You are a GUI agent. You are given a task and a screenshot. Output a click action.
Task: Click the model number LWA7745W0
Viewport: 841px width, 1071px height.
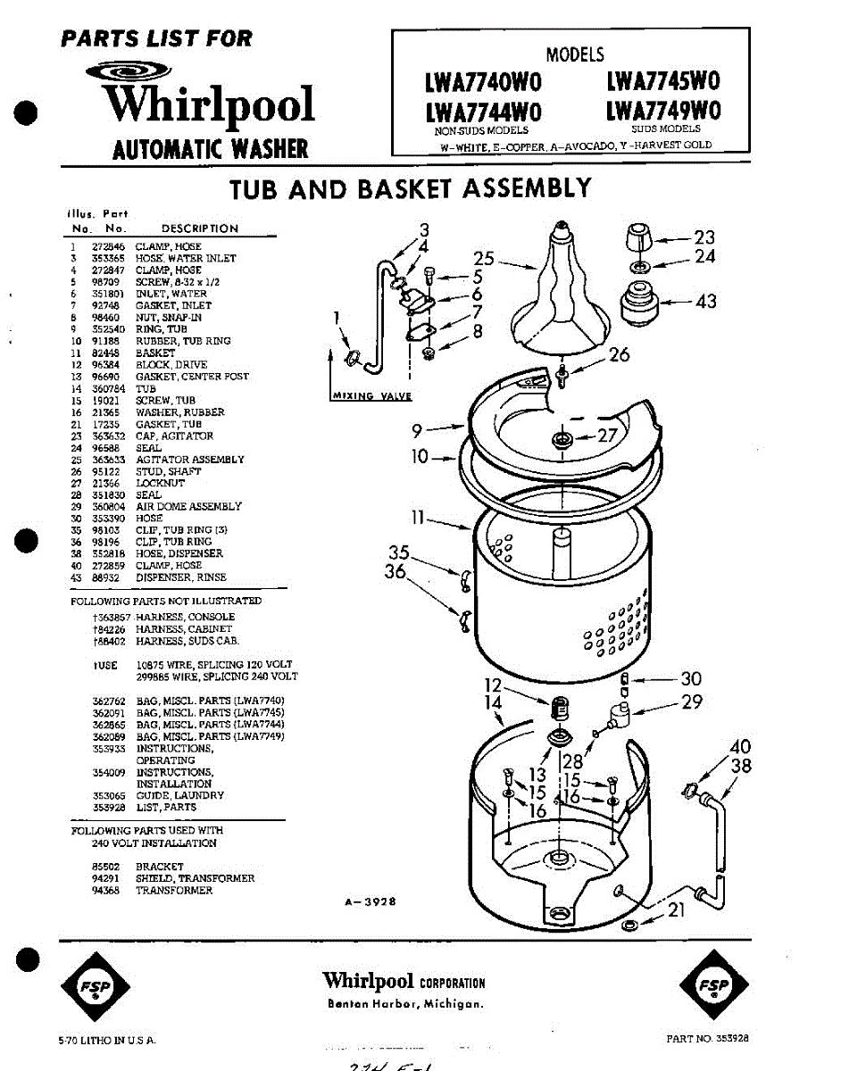coord(662,81)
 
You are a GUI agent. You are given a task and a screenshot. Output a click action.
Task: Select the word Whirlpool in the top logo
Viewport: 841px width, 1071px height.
coord(209,105)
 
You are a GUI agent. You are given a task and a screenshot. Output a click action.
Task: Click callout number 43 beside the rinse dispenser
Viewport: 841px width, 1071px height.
coord(705,302)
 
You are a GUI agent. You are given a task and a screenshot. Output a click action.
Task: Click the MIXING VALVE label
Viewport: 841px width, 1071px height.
coord(371,396)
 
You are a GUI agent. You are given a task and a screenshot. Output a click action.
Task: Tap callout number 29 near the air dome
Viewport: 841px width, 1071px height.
coord(692,702)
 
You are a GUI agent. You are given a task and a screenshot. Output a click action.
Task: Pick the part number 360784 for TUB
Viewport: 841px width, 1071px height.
coord(106,389)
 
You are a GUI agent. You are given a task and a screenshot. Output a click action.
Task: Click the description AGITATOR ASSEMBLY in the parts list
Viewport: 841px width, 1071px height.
coord(188,460)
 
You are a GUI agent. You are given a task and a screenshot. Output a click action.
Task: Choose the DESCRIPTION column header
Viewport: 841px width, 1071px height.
coord(199,228)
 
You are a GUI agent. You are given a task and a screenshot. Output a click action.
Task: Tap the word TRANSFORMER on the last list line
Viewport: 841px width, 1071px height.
coord(174,891)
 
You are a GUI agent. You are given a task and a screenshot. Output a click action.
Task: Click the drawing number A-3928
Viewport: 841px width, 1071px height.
coord(370,902)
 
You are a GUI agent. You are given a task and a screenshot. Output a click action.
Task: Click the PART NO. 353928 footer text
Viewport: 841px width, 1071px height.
coord(707,1038)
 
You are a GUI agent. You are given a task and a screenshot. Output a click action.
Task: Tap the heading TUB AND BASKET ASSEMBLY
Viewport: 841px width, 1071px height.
coord(411,188)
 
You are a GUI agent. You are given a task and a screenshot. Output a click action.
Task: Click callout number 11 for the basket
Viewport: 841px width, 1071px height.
coord(418,517)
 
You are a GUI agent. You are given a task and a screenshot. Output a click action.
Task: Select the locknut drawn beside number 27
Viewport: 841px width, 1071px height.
coord(562,438)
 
